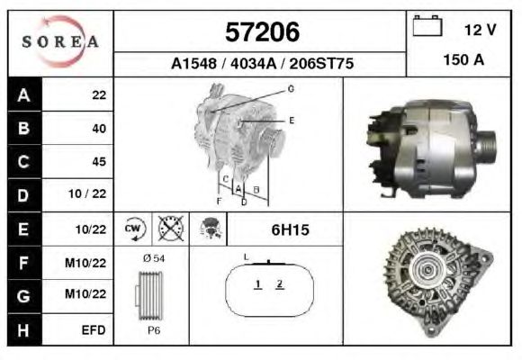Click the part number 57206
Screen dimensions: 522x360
click(x=262, y=32)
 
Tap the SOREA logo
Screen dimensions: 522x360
click(x=60, y=41)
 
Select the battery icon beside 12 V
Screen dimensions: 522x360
click(x=427, y=25)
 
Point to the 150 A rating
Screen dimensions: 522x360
click(x=463, y=60)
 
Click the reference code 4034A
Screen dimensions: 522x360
click(x=253, y=63)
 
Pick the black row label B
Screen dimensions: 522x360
click(x=23, y=128)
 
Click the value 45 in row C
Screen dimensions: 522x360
click(x=99, y=161)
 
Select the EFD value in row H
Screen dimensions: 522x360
click(x=94, y=330)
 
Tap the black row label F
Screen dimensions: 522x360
click(x=23, y=263)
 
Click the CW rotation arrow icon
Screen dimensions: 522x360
click(x=133, y=229)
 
